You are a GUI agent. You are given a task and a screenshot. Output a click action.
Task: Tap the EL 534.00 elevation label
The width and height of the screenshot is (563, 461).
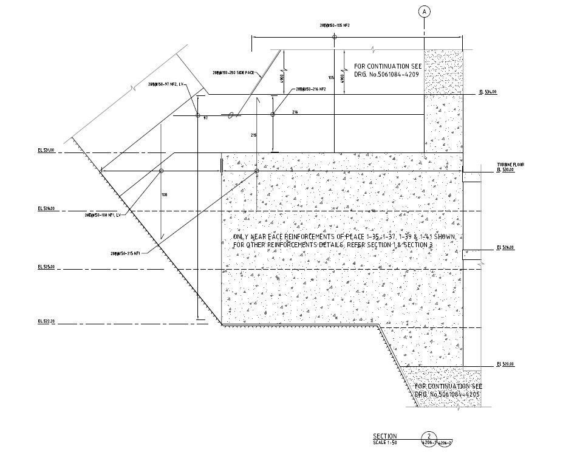pos(488,92)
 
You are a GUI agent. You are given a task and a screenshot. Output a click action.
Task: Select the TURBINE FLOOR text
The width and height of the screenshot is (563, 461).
pos(510,165)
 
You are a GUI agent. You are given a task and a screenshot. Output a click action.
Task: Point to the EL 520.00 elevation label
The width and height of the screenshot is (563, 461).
pos(505,364)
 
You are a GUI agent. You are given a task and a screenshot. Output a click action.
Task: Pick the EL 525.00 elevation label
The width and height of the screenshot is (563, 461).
pos(46,267)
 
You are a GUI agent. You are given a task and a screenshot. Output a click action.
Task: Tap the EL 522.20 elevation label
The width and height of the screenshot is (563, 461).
pos(46,320)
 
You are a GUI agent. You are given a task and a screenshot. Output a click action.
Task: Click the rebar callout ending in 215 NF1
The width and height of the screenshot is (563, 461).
pos(126,253)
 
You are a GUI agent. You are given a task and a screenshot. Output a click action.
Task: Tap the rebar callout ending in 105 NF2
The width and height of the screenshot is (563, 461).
pos(335,25)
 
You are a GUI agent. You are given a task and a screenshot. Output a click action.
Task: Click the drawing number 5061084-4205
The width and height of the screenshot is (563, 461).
pos(449,394)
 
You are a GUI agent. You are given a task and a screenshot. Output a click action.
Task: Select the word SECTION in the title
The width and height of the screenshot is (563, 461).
pos(384,436)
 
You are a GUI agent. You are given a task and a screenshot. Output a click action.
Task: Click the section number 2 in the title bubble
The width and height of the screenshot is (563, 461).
pos(429,435)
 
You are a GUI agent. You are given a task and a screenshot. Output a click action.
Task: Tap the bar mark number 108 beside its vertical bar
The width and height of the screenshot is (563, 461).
pos(164,194)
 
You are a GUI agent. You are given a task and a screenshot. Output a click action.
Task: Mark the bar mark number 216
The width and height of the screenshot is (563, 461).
pos(295,112)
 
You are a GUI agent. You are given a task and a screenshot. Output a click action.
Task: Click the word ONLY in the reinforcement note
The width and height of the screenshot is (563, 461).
pos(242,236)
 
